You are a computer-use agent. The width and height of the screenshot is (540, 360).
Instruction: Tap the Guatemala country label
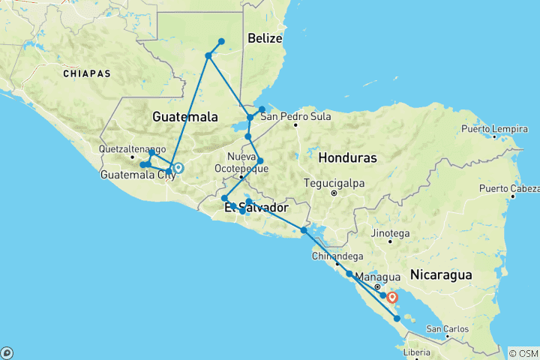(184, 117)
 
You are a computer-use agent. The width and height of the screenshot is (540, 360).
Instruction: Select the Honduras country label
(347, 158)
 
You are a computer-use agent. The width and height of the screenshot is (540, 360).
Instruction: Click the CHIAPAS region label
(87, 73)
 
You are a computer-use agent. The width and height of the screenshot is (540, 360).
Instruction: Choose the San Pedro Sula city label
(295, 115)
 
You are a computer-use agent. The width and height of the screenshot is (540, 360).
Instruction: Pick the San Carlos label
(448, 328)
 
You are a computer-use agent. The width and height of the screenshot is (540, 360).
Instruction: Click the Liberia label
(418, 352)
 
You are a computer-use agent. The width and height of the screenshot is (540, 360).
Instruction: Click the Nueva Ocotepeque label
(241, 163)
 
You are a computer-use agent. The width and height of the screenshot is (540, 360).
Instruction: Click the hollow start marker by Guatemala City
(178, 168)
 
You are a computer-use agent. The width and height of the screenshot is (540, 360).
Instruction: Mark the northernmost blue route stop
(221, 41)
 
